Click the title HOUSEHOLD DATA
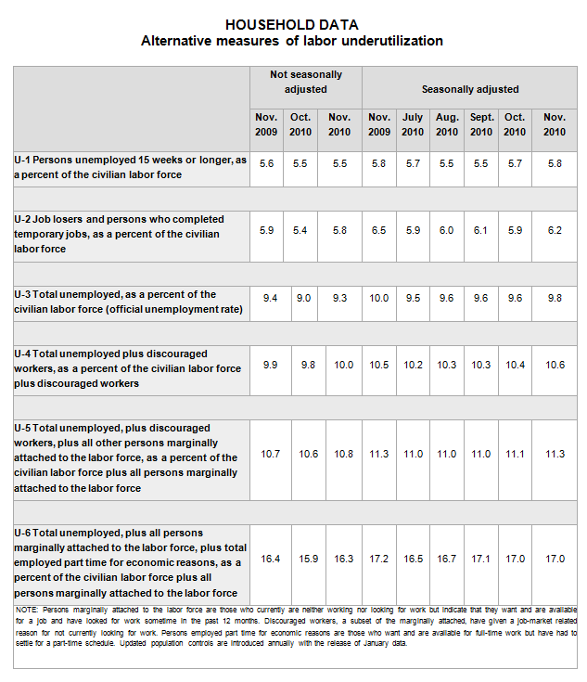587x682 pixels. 292,25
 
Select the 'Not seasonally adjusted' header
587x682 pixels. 305,82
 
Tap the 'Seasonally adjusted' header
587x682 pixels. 469,89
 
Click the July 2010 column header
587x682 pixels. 413,124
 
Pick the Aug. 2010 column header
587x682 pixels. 447,124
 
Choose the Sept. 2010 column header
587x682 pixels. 481,124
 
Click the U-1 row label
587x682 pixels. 130,167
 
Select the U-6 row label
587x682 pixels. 130,562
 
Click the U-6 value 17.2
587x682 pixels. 378,559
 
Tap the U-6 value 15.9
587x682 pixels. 300,559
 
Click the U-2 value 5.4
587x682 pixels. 300,230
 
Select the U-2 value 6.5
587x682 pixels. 378,230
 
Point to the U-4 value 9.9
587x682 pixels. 269,365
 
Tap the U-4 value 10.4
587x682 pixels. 515,365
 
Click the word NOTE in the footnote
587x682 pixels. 27,609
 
